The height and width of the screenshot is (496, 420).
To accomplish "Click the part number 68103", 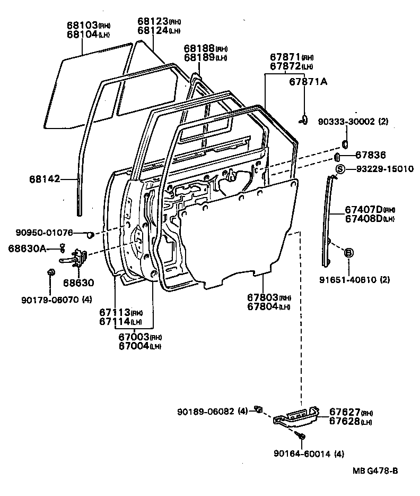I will click(x=82, y=25).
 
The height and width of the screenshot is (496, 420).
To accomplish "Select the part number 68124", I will click(x=153, y=30).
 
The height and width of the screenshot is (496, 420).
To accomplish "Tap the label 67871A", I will click(x=308, y=81).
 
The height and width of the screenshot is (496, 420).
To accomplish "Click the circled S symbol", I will click(x=340, y=169).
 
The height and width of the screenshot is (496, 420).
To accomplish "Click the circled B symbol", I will click(x=349, y=252).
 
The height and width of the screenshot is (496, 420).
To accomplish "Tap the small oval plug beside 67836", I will click(x=336, y=156).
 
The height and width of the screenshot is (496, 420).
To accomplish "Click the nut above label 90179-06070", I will click(x=51, y=272).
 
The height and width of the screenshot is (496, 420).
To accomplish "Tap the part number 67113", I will click(x=114, y=313).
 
